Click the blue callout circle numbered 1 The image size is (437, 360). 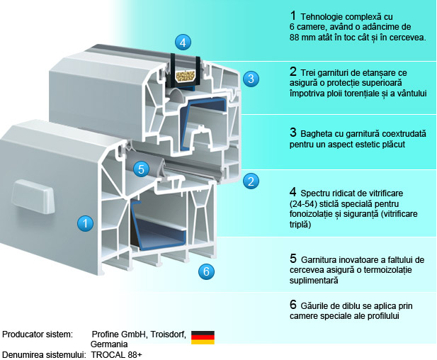coord(85,223)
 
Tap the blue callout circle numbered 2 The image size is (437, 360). coord(250,181)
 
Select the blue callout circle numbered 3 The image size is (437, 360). coord(250,79)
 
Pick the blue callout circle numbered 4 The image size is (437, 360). coord(183,42)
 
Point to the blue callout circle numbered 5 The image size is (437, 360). coord(142,169)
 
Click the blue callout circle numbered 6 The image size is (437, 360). coord(205,270)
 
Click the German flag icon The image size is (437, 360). coord(203,337)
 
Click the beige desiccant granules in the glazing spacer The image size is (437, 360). coord(183,75)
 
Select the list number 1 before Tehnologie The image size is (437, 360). coord(293,15)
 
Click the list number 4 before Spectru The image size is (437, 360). coord(293,191)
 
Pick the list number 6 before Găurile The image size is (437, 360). coord(293,305)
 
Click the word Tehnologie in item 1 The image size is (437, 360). coord(323,16)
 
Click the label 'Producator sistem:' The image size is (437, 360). coord(38,333)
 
